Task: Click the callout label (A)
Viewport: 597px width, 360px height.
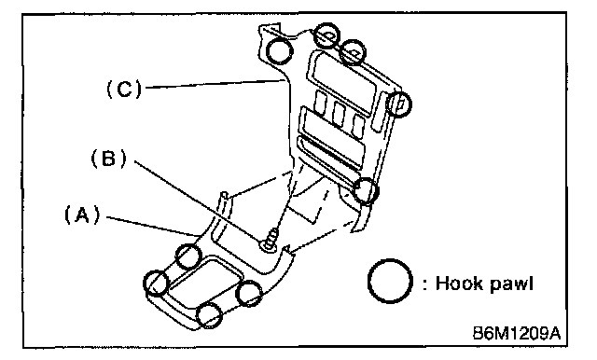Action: click(x=82, y=215)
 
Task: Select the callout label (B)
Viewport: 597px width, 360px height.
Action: click(x=108, y=158)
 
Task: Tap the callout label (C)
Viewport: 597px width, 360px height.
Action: click(x=124, y=90)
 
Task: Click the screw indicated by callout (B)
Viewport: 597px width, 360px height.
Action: click(x=271, y=240)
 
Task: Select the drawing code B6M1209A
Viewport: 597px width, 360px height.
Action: click(x=517, y=333)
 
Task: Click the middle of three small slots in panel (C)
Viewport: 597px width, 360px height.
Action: click(x=339, y=113)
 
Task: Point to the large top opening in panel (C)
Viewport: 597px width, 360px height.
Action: click(x=342, y=76)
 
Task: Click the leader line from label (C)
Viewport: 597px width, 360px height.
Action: click(x=215, y=84)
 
